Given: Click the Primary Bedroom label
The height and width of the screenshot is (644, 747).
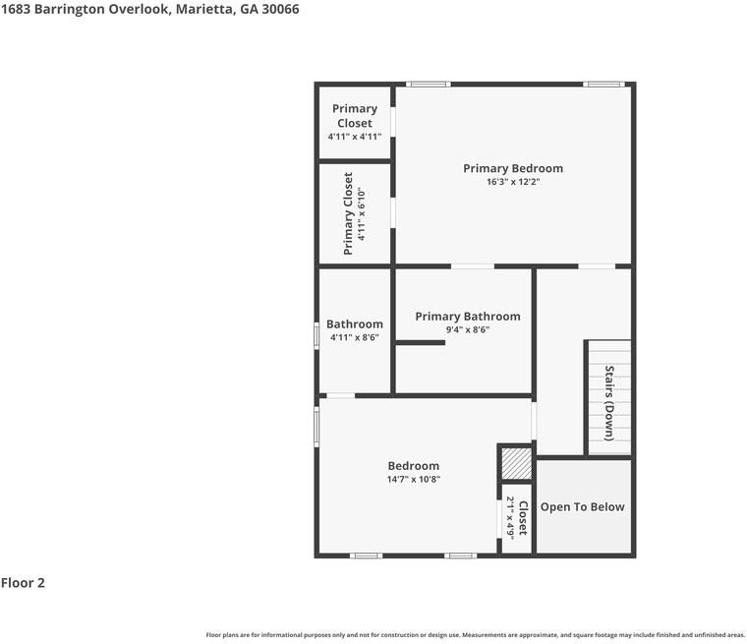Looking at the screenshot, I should pyautogui.click(x=512, y=168).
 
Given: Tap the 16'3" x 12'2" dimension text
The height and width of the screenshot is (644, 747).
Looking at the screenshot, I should pyautogui.click(x=512, y=182).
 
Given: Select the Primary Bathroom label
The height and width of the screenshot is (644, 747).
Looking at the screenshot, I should pyautogui.click(x=467, y=316).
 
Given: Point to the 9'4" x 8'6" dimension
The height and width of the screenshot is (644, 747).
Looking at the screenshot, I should pyautogui.click(x=467, y=330).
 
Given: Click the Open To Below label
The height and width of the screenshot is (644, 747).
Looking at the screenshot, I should pyautogui.click(x=582, y=506).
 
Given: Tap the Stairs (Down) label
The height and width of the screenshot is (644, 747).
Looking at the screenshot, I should pyautogui.click(x=609, y=403).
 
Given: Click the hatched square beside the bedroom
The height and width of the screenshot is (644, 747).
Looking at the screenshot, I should pyautogui.click(x=515, y=463).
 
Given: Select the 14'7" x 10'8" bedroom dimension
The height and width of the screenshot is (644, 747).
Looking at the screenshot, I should pyautogui.click(x=413, y=480).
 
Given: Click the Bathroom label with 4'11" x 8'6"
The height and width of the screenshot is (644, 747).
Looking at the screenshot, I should pyautogui.click(x=354, y=323).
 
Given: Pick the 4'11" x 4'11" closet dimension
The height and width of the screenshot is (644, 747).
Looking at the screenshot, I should pyautogui.click(x=354, y=138).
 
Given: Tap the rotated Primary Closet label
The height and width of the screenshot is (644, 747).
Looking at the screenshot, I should pyautogui.click(x=348, y=214).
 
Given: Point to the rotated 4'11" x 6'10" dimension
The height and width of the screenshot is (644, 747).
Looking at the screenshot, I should pyautogui.click(x=362, y=214).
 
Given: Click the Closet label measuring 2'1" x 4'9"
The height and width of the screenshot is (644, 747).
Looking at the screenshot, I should pyautogui.click(x=523, y=518).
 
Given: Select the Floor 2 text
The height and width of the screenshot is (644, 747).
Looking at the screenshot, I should pyautogui.click(x=23, y=583).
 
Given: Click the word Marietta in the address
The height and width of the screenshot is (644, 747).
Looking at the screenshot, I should pyautogui.click(x=202, y=9).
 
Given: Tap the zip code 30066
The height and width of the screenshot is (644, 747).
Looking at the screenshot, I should pyautogui.click(x=280, y=9).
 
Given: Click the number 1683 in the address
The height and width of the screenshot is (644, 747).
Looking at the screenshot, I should pyautogui.click(x=16, y=9).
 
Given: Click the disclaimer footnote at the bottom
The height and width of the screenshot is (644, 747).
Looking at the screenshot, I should pyautogui.click(x=475, y=634).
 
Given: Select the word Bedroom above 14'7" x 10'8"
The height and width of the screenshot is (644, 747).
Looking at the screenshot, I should pyautogui.click(x=413, y=466).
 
